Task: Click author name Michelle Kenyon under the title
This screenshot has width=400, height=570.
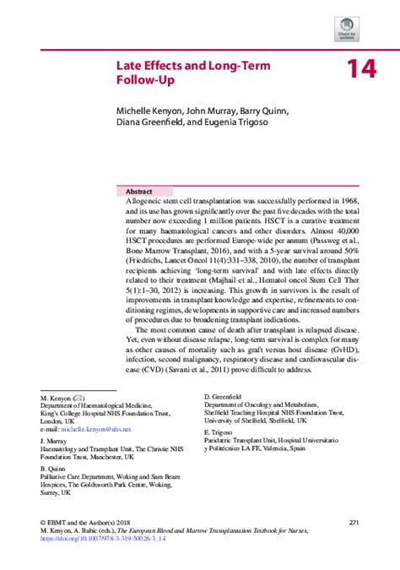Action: point(147,111)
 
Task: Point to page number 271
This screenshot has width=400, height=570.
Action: point(354,522)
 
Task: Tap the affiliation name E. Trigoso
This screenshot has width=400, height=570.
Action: point(220,431)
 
